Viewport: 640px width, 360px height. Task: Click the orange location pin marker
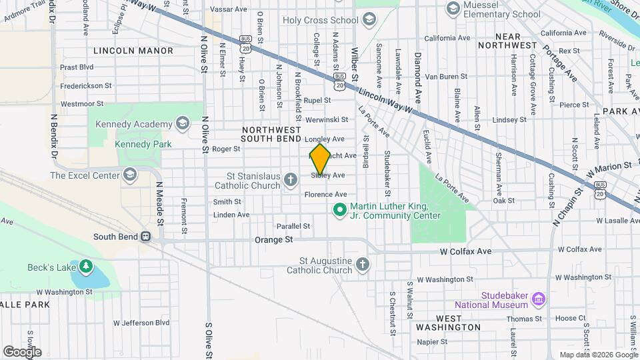click(320, 159)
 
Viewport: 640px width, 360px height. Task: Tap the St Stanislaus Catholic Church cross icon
click(290, 179)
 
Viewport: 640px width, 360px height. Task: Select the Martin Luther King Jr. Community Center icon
click(339, 211)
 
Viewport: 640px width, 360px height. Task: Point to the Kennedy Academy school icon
click(183, 124)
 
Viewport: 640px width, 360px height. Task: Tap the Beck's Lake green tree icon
click(85, 267)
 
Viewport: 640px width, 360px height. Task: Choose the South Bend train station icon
click(145, 237)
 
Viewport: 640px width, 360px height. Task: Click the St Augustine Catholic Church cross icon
click(363, 265)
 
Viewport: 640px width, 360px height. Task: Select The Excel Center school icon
click(130, 175)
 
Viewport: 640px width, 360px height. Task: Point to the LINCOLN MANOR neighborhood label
click(133, 51)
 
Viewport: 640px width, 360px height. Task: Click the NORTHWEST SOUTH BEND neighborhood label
click(271, 134)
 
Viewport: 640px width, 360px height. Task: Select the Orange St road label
click(274, 239)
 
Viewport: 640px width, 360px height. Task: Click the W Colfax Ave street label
click(465, 251)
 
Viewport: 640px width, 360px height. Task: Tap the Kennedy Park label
click(143, 144)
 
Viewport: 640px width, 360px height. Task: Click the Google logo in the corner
click(22, 352)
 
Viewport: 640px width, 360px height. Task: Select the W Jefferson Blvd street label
click(141, 323)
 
